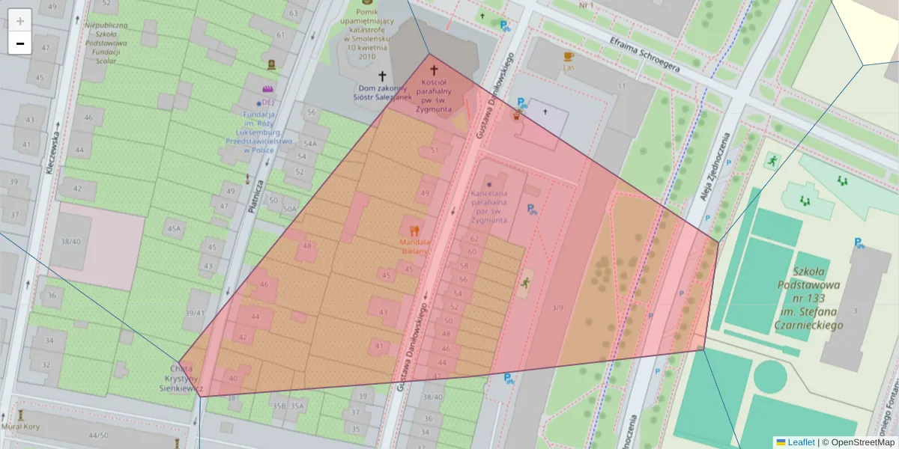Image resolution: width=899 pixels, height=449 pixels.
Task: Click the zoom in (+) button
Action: pos(20,20)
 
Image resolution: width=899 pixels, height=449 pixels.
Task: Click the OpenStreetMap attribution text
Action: pos(859,442)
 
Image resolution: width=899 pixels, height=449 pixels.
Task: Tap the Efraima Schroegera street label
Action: pos(644,55)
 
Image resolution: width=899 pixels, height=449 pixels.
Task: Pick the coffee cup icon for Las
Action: pos(569,56)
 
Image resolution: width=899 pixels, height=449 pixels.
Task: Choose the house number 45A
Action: pos(175,228)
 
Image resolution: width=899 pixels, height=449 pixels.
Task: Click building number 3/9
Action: pos(557,307)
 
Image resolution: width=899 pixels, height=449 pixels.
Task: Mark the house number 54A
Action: pos(310,144)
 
